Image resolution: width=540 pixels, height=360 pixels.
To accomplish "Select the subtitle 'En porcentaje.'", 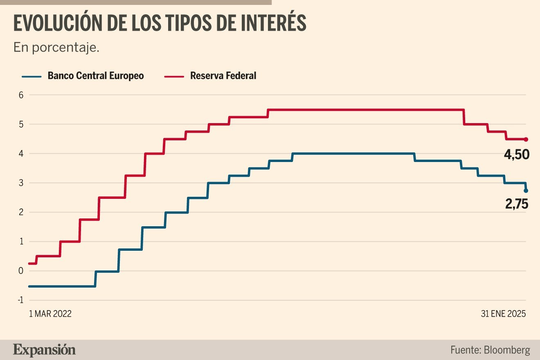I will tap(56, 47).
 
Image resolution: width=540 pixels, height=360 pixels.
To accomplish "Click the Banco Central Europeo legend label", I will tap(96, 76).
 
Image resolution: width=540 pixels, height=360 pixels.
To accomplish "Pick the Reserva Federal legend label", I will tap(223, 76).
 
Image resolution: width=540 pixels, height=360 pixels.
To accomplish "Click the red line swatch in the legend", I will tap(173, 76).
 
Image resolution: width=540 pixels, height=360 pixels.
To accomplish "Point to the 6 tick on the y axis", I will tap(21, 95).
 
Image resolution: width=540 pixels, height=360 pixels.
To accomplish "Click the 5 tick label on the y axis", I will tap(21, 124).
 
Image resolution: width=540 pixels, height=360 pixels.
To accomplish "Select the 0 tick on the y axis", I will tap(21, 271).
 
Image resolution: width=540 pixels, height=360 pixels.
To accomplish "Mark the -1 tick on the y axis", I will tap(20, 300).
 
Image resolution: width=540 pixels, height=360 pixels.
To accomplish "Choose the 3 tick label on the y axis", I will tap(21, 183).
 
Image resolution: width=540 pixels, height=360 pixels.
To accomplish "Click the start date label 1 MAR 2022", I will tap(50, 314).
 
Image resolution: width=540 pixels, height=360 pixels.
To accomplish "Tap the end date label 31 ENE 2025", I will tap(503, 314).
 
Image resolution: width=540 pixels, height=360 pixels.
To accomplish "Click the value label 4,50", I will tap(517, 155).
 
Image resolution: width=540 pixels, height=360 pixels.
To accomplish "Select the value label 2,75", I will tap(517, 203).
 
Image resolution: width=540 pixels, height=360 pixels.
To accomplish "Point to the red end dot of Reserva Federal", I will tap(526, 139).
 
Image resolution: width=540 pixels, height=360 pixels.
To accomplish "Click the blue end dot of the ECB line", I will tap(526, 191).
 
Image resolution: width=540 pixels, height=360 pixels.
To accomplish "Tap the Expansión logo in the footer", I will tap(45, 350).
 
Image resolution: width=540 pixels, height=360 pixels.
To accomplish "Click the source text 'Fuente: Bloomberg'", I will tap(490, 350).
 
